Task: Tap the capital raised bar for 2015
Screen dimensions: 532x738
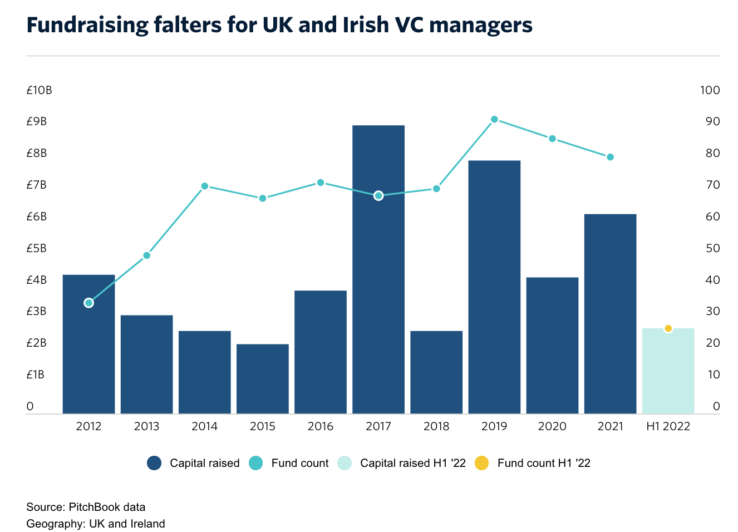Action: (x=263, y=379)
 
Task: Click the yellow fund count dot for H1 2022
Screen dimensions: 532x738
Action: (x=668, y=328)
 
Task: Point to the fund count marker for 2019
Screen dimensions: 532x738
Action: (x=494, y=119)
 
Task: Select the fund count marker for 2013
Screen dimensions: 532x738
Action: (x=147, y=255)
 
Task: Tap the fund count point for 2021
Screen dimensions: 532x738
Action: (x=610, y=157)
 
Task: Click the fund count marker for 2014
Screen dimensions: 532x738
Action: (x=205, y=186)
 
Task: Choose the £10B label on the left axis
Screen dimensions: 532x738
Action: (x=39, y=90)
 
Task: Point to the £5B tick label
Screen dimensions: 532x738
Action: (x=37, y=248)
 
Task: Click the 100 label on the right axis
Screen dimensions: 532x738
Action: (x=710, y=90)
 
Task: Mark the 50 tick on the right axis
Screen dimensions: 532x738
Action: (x=712, y=248)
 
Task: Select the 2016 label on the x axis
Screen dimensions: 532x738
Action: (x=321, y=426)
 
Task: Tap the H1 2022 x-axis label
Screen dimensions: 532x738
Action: (x=668, y=426)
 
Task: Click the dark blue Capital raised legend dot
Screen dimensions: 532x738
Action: (x=154, y=463)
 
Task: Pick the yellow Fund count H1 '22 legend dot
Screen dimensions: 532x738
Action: (x=482, y=463)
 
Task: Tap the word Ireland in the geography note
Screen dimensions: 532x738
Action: (x=147, y=524)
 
